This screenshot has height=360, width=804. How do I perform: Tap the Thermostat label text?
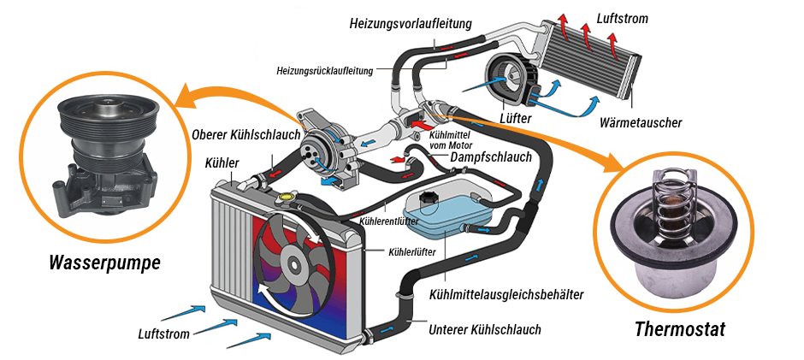click(680, 330)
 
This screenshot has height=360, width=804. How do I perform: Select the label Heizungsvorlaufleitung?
click(410, 23)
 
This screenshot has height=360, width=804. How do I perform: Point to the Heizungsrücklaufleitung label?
click(325, 71)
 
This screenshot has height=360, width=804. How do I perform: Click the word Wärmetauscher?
click(641, 122)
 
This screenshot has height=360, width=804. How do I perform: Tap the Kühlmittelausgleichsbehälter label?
click(505, 295)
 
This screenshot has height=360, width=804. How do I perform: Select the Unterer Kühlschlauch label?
click(485, 328)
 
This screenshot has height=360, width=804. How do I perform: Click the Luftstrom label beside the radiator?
click(162, 333)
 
